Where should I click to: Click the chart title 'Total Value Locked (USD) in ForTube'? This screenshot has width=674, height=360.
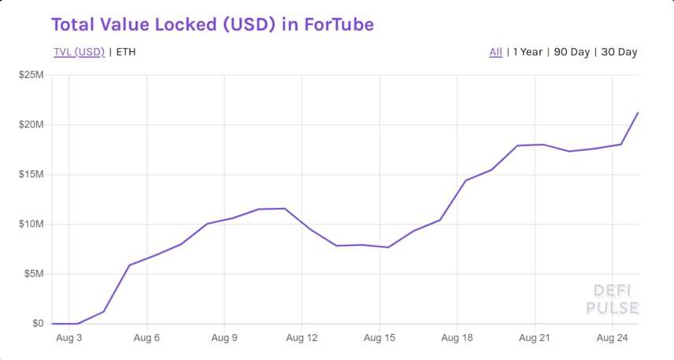[212, 24]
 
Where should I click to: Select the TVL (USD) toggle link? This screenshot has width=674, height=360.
[79, 52]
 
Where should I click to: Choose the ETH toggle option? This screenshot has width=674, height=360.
[126, 52]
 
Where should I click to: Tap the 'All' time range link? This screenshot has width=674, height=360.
[495, 52]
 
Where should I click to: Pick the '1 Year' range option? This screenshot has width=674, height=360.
[528, 52]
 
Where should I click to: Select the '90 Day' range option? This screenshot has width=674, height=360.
[572, 52]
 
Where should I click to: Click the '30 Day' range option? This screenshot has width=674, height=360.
[619, 52]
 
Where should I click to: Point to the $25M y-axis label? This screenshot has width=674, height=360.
[31, 75]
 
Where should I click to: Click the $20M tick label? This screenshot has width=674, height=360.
[31, 124]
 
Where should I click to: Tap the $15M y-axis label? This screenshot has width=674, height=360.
[31, 174]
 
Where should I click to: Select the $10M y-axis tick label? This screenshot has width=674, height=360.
[31, 225]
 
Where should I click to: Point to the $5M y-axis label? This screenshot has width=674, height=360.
[33, 274]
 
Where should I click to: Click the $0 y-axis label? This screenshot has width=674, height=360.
[38, 323]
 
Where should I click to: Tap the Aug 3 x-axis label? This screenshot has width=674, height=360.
[69, 338]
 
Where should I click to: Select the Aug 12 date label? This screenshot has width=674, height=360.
[302, 338]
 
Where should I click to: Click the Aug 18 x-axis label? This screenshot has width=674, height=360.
[457, 338]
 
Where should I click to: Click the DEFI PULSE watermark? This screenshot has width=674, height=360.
[612, 299]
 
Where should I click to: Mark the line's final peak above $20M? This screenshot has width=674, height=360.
[638, 113]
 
